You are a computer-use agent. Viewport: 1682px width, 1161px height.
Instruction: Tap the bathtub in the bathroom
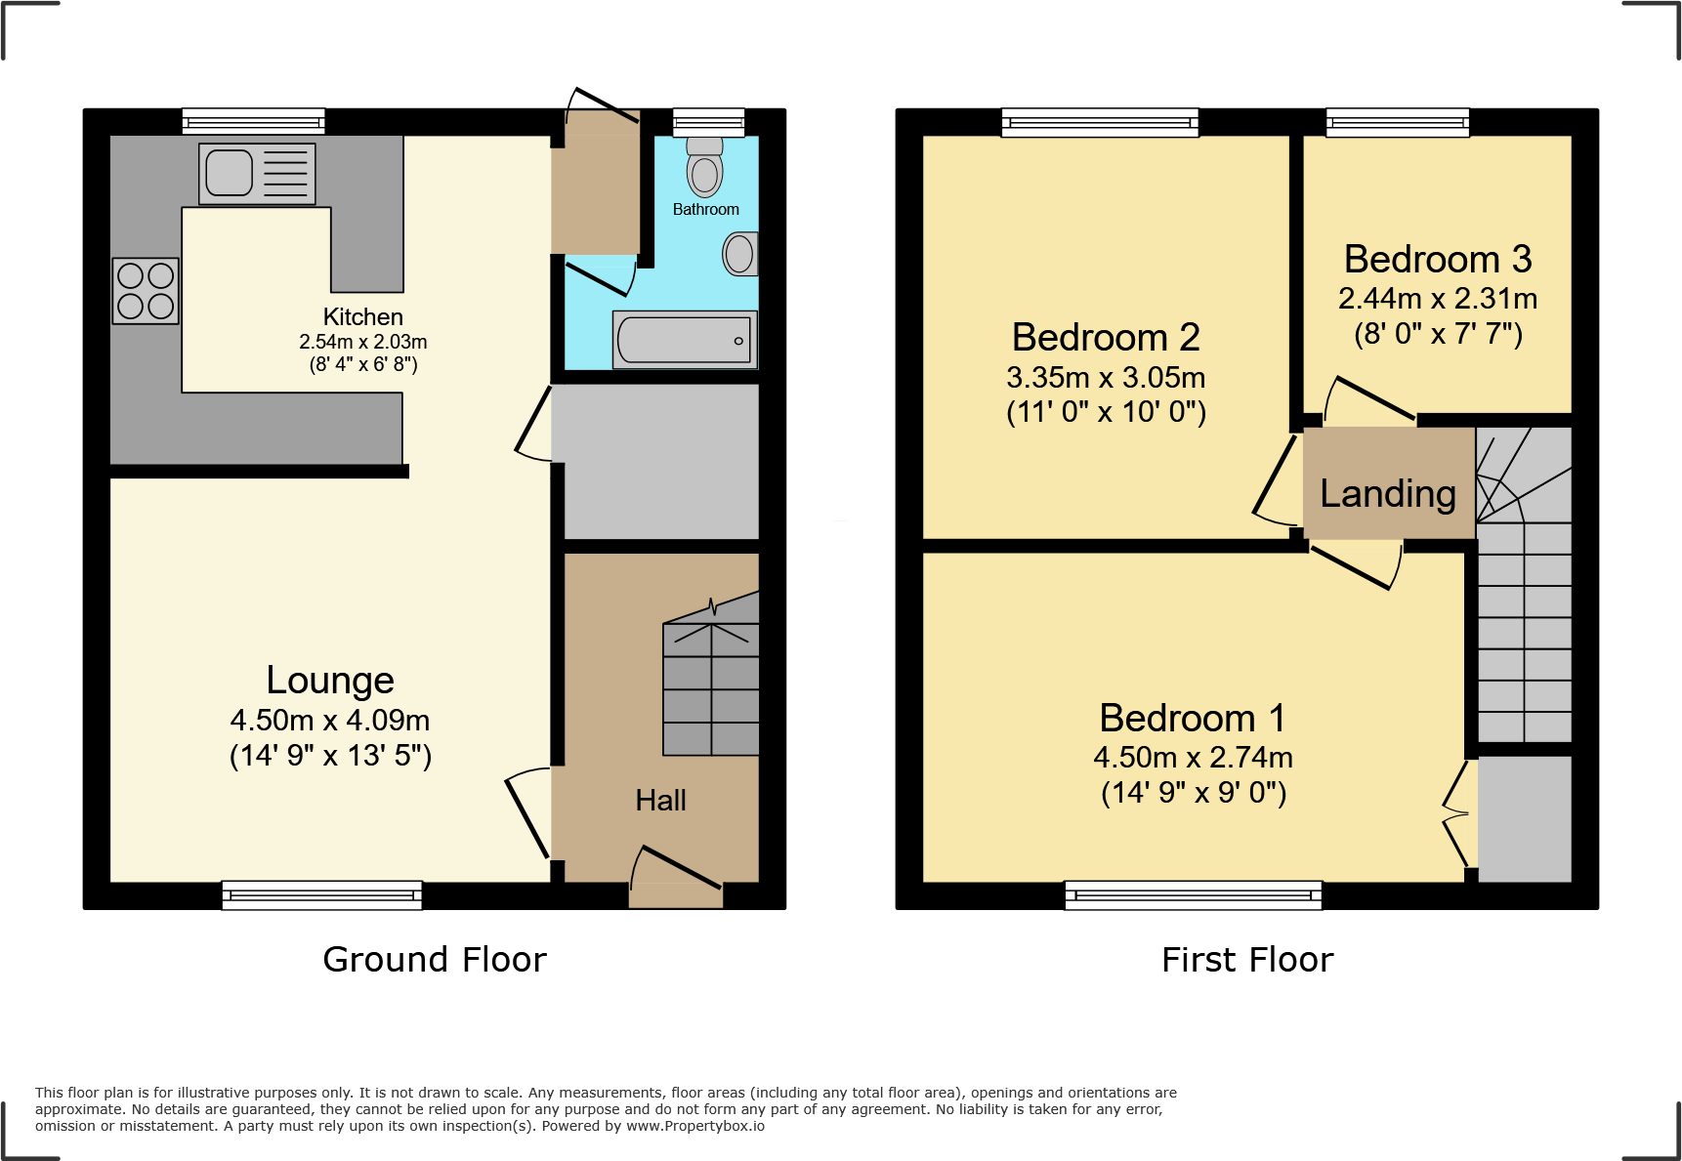684,340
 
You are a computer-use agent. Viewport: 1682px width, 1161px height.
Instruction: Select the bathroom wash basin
740,254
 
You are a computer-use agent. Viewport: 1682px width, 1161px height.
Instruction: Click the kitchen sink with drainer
257,174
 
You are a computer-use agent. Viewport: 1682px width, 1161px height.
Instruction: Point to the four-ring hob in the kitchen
146,291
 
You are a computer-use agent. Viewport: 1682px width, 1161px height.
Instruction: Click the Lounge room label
330,681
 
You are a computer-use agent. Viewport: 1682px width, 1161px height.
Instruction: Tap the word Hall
660,801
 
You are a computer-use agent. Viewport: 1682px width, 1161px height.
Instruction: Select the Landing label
1387,494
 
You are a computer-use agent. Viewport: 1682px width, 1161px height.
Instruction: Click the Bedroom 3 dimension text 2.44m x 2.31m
1437,299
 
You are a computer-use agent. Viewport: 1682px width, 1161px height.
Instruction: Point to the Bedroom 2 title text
1106,338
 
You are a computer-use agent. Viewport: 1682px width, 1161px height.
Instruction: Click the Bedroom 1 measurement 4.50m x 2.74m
1193,757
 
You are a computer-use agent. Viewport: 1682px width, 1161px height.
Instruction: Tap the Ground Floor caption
435,960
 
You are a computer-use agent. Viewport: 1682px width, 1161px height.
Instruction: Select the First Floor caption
1247,960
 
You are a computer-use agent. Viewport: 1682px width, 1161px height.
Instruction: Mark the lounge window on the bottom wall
321,894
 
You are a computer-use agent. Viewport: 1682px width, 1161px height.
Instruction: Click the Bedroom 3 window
1397,122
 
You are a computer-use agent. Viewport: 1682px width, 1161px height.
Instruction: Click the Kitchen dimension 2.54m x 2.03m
362,342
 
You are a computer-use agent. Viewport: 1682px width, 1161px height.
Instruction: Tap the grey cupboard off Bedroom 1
1524,818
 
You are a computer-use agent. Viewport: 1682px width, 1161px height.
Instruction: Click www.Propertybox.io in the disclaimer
694,1126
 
